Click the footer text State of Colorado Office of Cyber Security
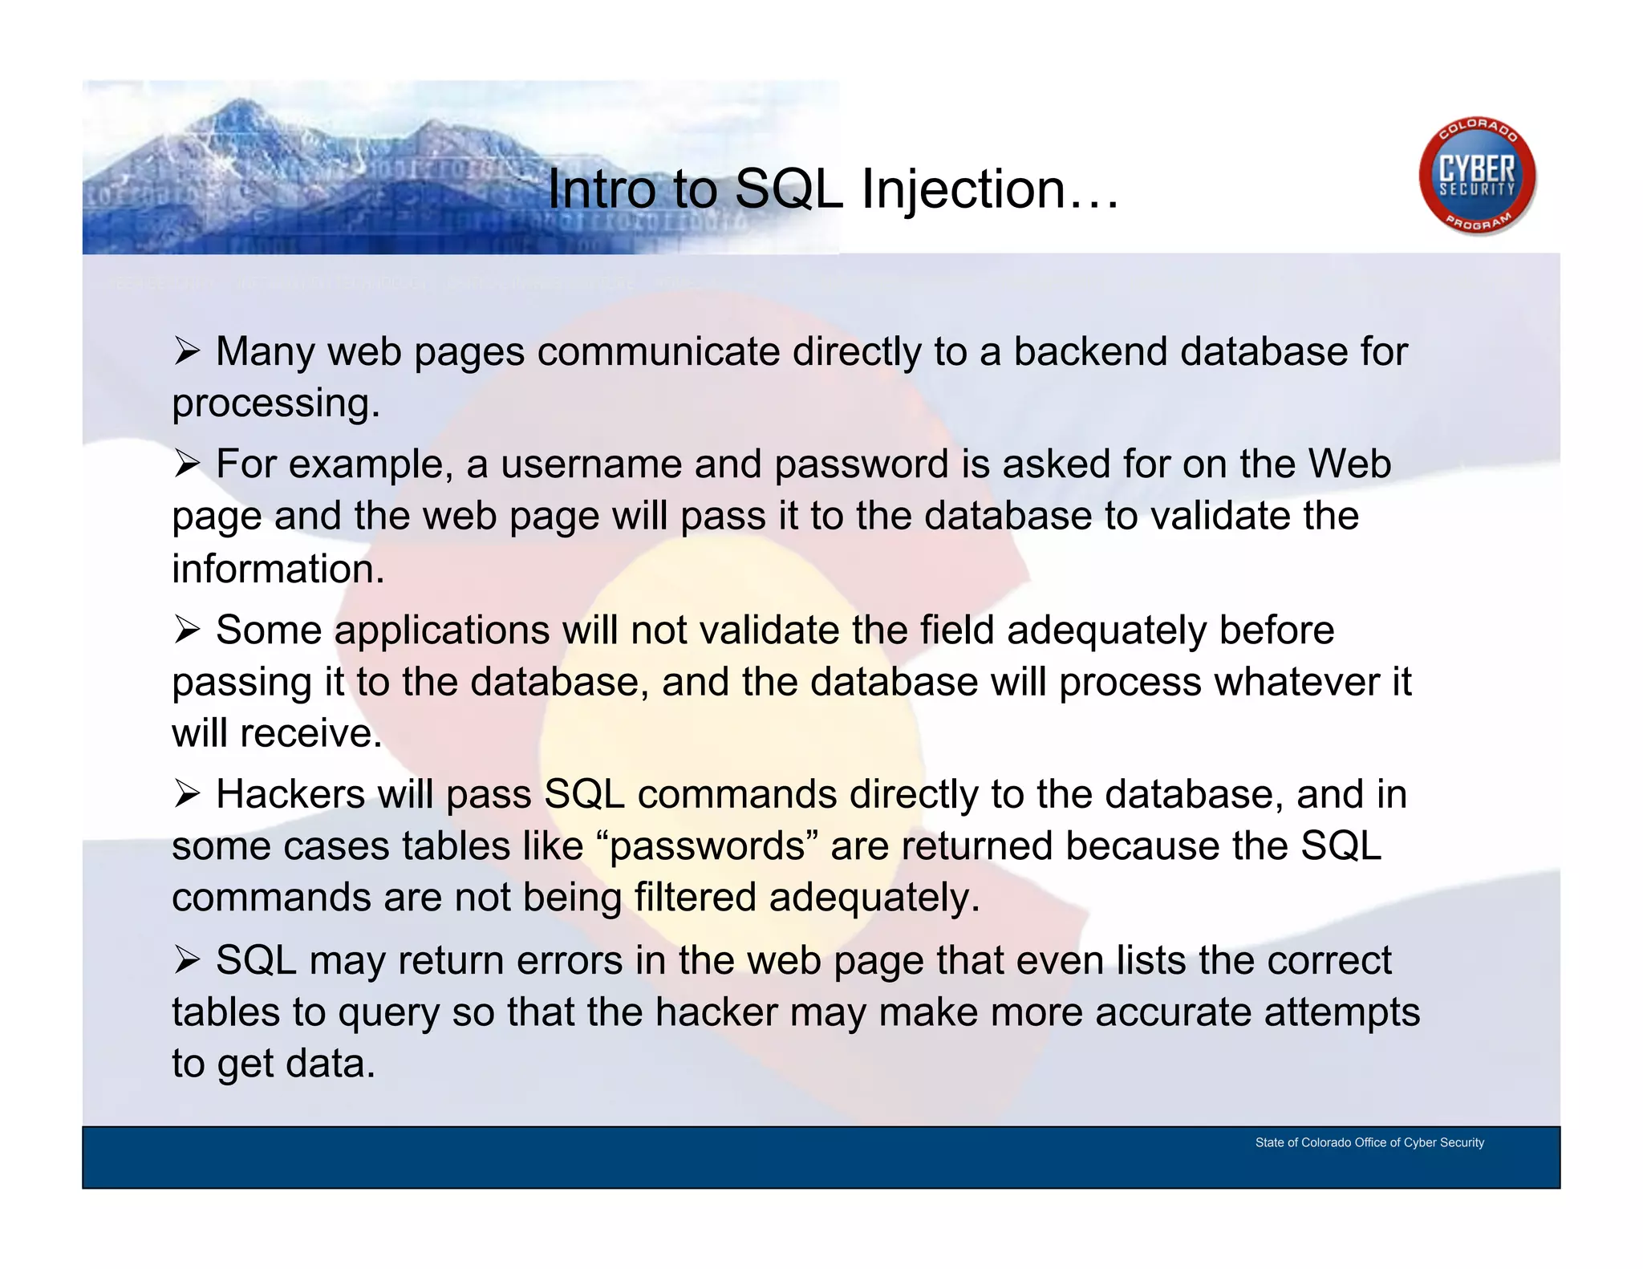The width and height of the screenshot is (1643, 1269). [1369, 1142]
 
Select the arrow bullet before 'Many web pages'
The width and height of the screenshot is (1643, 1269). [187, 351]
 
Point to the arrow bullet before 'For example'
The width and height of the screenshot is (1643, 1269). [187, 464]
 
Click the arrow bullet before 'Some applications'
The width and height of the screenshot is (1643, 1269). [187, 630]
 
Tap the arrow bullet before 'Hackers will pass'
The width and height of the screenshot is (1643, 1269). [187, 794]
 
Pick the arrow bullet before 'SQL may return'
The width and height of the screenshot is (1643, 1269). [187, 960]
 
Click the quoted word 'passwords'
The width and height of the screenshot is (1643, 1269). [707, 846]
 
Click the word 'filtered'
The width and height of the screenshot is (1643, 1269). [695, 897]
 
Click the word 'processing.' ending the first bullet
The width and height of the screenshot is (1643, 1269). [275, 403]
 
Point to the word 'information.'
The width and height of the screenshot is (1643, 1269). [278, 569]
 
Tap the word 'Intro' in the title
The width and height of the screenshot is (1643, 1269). [601, 190]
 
